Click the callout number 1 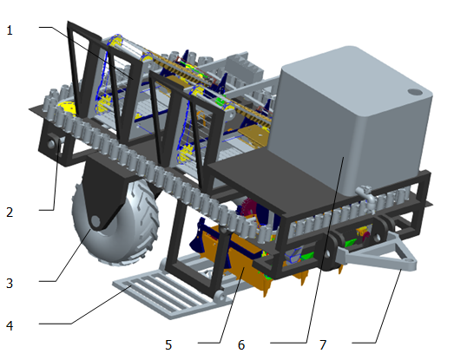coord(10,30)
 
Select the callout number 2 coord(10,213)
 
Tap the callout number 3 coord(10,284)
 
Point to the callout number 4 coord(10,326)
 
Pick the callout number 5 coord(168,344)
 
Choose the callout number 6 coord(241,344)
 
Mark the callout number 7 coord(323,344)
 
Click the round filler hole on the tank coord(415,92)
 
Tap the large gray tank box coord(351,119)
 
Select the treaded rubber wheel coord(115,220)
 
